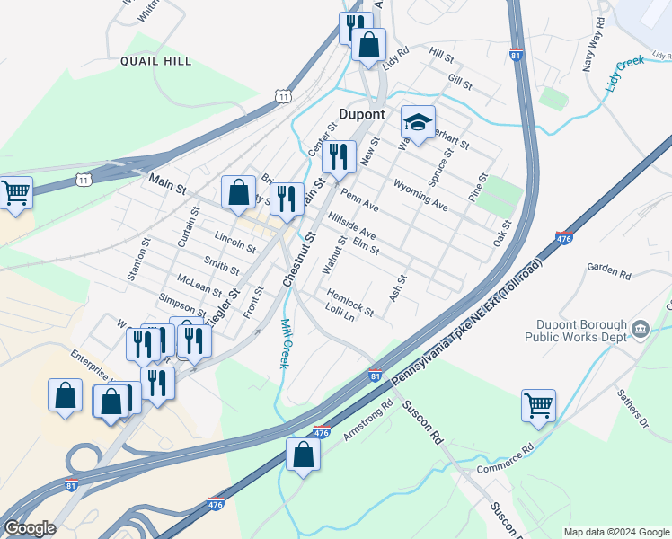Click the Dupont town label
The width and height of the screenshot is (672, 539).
[x=362, y=115]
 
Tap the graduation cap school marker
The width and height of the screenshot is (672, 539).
[x=418, y=121]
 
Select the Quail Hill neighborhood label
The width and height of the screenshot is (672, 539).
[x=155, y=61]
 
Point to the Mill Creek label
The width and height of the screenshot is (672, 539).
[x=285, y=343]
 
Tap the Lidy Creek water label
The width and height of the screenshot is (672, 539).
[x=625, y=72]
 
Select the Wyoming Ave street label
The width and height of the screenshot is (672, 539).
[x=420, y=193]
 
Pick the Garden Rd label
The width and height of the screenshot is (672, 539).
[x=610, y=268]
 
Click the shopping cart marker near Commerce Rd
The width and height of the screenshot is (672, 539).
[x=538, y=406]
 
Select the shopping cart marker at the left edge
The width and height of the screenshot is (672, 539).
[x=15, y=191]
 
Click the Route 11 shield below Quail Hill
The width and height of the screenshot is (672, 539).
[x=283, y=95]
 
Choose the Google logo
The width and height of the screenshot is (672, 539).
[x=30, y=528]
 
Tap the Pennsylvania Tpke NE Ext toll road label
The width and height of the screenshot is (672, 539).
[x=467, y=324]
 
